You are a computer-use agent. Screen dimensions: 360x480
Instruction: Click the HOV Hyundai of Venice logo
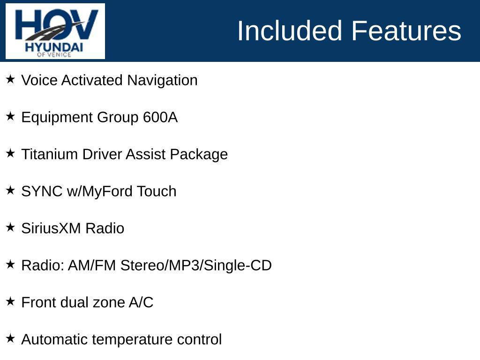pyautogui.click(x=55, y=31)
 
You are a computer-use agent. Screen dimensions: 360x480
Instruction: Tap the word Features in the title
pyautogui.click(x=406, y=31)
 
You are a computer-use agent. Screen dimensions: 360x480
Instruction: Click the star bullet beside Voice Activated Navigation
pyautogui.click(x=10, y=79)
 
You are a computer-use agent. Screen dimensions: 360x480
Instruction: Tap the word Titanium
pyautogui.click(x=50, y=154)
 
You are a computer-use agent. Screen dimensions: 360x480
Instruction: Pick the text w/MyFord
pyautogui.click(x=100, y=191)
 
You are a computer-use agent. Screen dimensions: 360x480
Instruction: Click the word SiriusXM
pyautogui.click(x=52, y=228)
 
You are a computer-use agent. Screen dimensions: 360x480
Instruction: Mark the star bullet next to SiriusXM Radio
pyautogui.click(x=10, y=227)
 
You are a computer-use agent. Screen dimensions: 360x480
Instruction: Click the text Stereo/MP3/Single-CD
pyautogui.click(x=196, y=265)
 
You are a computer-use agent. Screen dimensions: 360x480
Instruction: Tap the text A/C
pyautogui.click(x=141, y=302)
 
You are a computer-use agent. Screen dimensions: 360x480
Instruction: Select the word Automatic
pyautogui.click(x=55, y=339)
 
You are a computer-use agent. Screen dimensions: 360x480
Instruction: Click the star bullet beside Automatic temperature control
pyautogui.click(x=10, y=338)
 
